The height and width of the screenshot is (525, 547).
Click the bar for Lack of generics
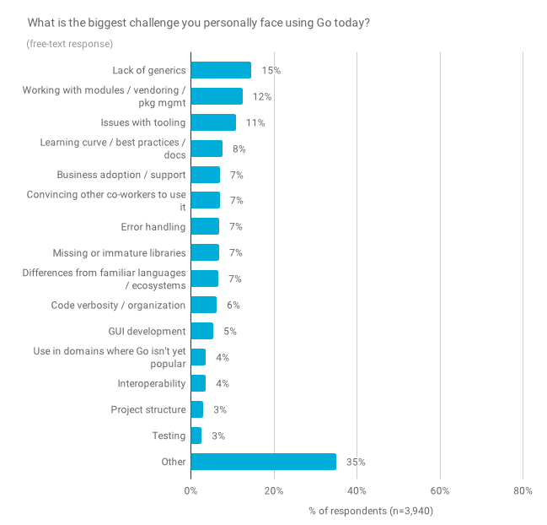point(221,70)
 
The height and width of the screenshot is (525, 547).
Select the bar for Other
point(263,462)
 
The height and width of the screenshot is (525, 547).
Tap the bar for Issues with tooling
point(213,122)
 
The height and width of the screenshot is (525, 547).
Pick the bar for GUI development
point(201,331)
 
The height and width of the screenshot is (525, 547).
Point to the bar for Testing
point(196,436)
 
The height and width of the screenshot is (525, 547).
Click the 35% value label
point(356,462)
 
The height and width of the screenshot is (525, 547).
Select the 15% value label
point(271,70)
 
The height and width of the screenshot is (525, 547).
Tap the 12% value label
point(261,96)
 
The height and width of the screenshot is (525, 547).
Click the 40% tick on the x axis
point(357,490)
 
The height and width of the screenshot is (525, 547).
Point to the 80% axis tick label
point(523,490)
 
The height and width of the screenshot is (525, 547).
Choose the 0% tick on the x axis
point(190,490)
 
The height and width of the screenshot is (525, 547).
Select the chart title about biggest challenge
point(199,21)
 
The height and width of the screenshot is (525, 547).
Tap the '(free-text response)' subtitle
point(69,43)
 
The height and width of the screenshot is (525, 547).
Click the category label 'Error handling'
point(153,226)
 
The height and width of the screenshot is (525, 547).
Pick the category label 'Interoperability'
point(151,383)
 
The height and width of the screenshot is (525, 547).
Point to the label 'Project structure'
point(147,409)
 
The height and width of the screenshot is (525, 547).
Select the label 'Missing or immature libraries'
point(119,252)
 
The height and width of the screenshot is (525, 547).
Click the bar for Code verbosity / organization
point(203,305)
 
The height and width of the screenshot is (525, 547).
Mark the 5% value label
point(229,331)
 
